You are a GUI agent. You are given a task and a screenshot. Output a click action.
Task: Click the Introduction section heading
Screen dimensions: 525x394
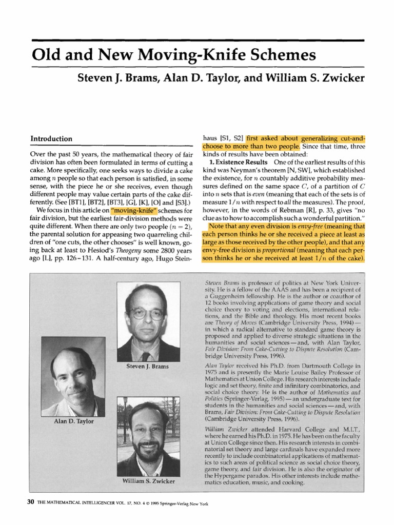point(52,139)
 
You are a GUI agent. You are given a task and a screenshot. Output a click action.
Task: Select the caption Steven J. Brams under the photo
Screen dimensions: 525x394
point(147,367)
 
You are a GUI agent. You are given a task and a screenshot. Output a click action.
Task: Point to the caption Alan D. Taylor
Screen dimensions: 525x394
point(60,421)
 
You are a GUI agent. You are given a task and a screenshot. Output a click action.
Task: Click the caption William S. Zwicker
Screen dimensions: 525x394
point(149,481)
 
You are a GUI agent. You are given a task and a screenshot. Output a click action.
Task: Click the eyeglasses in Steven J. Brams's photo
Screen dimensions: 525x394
point(148,314)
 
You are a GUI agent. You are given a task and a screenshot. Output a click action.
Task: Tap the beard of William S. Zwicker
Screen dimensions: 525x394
point(149,450)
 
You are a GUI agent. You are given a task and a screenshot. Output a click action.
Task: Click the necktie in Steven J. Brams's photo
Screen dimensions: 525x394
point(147,355)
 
